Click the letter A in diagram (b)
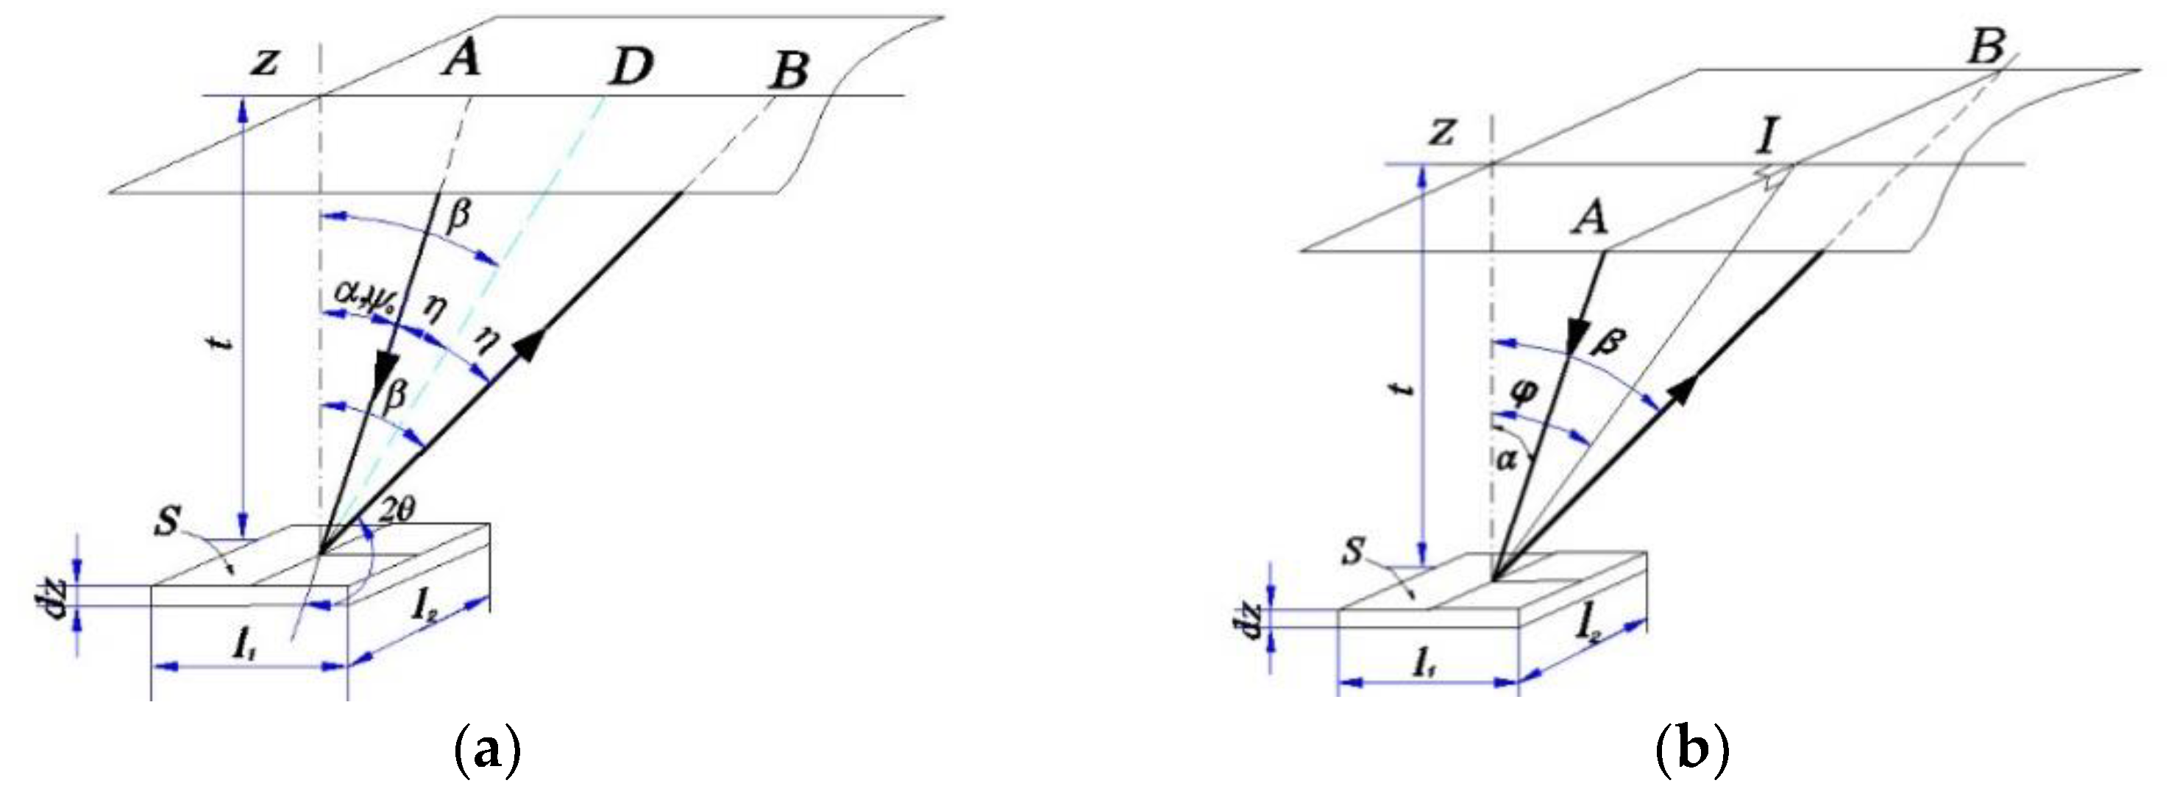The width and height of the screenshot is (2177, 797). [x=1590, y=221]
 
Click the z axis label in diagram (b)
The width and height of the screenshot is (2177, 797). [x=1442, y=132]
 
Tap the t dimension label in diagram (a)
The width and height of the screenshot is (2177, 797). [x=221, y=345]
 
